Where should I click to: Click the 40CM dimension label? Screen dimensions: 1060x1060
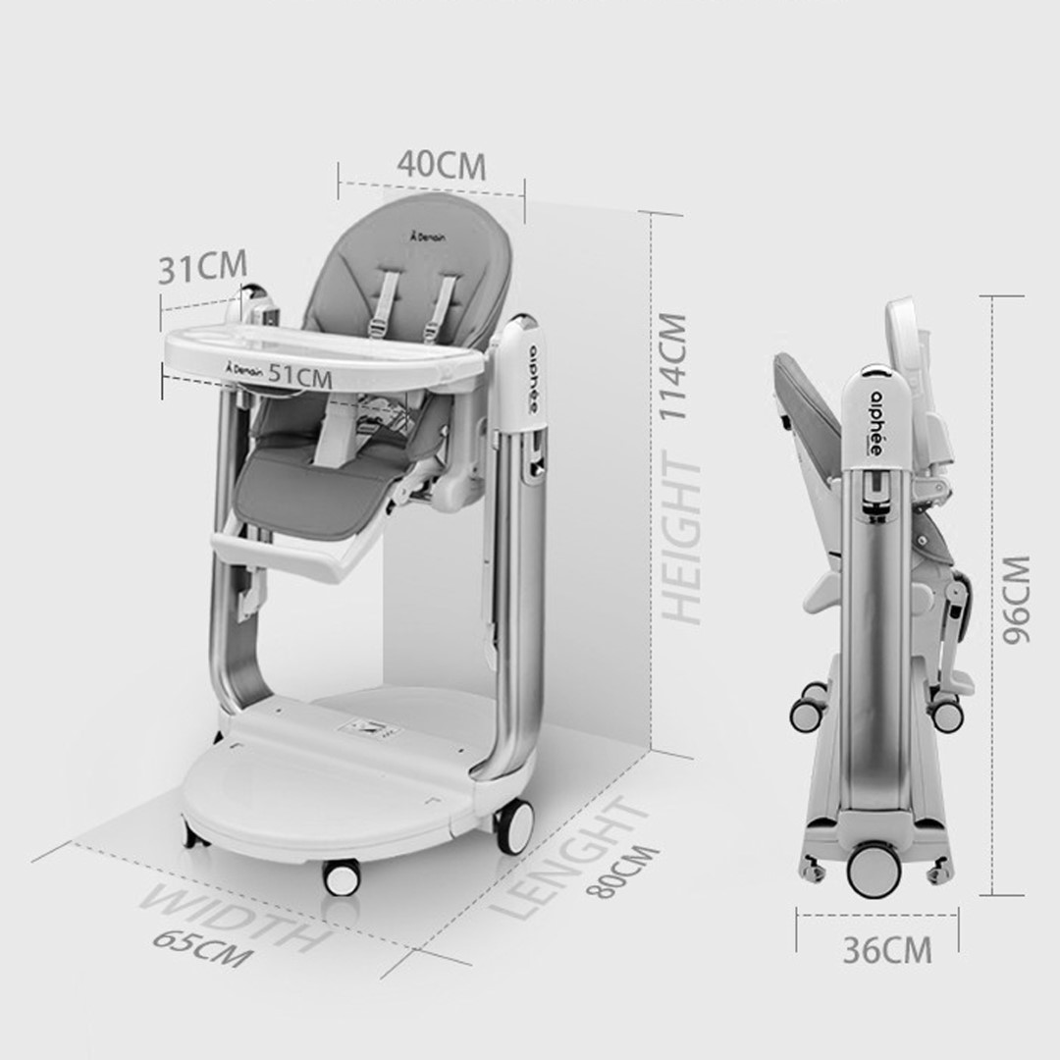click(x=442, y=165)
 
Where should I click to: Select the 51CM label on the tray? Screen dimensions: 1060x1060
click(x=300, y=376)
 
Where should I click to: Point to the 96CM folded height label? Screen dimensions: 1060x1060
click(x=1016, y=600)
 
